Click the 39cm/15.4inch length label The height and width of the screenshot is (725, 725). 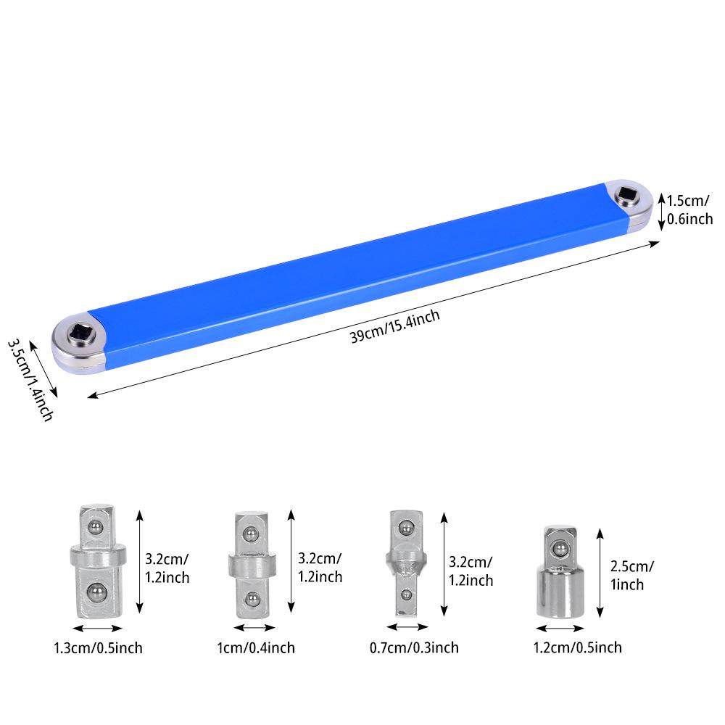395,327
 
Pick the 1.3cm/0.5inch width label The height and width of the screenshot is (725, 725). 98,647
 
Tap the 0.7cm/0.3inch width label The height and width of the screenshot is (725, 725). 414,647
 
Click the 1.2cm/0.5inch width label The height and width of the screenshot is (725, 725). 577,647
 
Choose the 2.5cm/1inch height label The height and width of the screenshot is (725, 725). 632,575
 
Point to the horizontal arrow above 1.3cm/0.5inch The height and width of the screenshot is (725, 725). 97,629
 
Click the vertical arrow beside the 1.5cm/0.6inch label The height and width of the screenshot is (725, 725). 660,212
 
